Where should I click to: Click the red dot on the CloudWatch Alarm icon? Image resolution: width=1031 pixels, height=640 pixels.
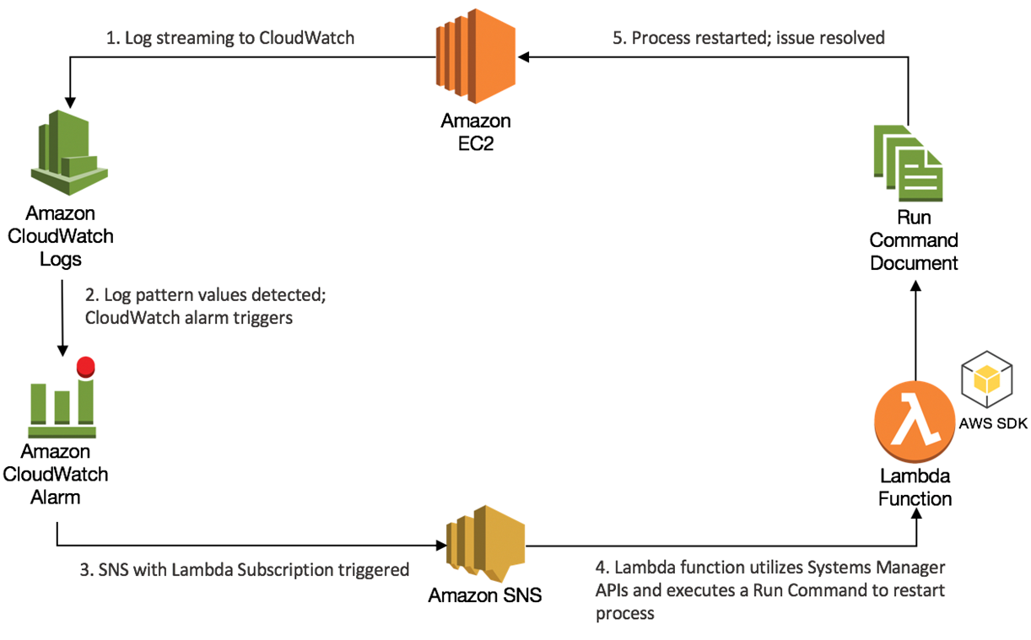85,368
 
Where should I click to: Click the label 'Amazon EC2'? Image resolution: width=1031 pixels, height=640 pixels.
475,132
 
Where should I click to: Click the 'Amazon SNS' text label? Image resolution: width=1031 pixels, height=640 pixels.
484,595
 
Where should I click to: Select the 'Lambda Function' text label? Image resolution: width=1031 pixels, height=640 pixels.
915,487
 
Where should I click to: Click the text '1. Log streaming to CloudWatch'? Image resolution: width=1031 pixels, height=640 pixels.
230,37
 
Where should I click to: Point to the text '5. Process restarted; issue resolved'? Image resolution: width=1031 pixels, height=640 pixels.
747,37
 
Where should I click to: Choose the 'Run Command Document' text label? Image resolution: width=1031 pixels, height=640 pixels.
915,239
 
